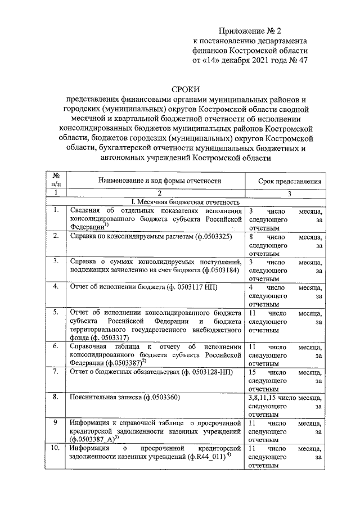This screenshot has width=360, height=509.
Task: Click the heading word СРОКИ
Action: point(186,88)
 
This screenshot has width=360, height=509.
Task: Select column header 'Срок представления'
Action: point(290,181)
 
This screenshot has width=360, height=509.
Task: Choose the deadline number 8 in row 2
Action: point(250,236)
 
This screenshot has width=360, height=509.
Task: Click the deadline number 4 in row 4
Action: point(250,287)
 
